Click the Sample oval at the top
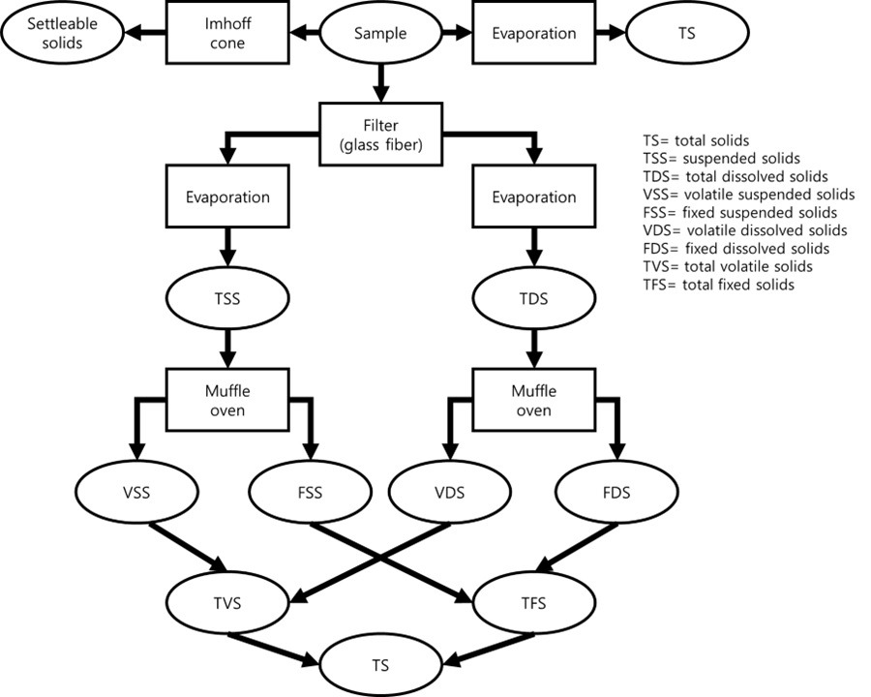(380, 33)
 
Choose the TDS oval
(533, 299)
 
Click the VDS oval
(450, 493)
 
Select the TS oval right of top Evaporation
(687, 33)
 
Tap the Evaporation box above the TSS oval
(226, 197)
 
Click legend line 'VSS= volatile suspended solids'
(749, 194)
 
